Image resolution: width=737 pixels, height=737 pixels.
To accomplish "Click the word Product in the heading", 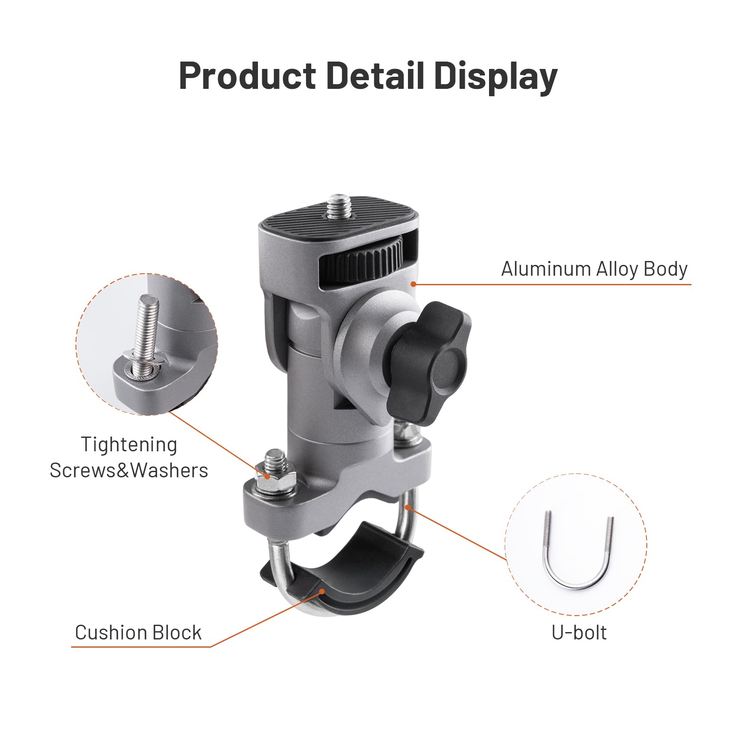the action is coord(248,76).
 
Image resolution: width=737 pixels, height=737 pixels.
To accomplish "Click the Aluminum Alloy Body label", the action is coord(594,269).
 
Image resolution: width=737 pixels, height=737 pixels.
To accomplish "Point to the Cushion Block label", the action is coord(138,633).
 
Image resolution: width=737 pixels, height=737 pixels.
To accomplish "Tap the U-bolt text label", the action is coord(579,633).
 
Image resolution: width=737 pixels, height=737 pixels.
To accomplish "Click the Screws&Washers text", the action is coord(129,470).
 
